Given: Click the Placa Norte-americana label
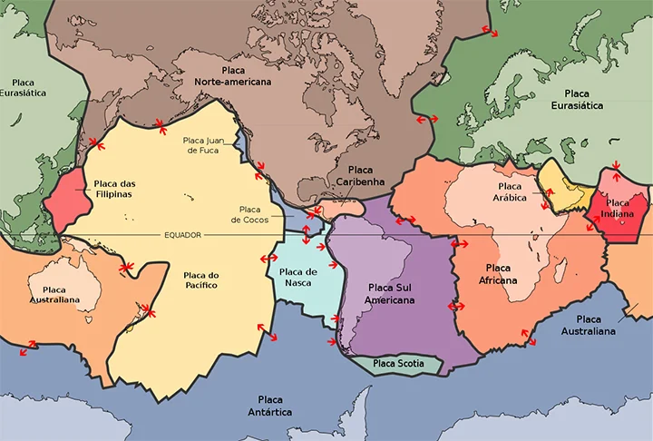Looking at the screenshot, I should (233, 75).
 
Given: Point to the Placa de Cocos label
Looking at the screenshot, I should (250, 214).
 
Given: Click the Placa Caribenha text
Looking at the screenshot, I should (360, 176).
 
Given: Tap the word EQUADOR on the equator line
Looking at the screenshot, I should (182, 235).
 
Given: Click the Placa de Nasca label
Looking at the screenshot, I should (298, 278).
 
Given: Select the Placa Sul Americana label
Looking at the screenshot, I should (391, 293).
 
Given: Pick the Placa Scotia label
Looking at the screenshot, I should (399, 364).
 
